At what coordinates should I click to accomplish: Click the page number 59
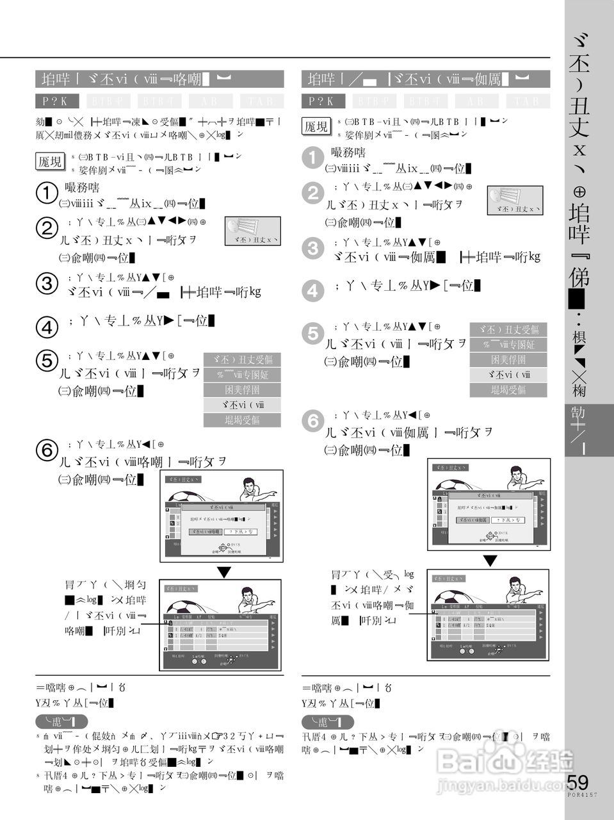578,782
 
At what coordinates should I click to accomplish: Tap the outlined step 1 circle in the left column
47,194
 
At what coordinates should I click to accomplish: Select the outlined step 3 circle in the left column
47,284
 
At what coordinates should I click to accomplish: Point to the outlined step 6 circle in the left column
47,451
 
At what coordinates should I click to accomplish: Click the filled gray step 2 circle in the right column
313,193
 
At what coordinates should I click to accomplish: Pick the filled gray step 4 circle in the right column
313,291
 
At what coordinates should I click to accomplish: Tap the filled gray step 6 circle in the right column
313,421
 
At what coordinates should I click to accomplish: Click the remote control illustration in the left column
252,231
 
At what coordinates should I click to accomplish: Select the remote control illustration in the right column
515,200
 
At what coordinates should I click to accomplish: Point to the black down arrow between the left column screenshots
223,572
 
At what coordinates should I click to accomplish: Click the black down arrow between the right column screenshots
490,561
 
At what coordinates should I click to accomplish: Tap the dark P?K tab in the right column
323,101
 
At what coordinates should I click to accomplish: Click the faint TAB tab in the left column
261,101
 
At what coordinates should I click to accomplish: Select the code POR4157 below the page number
582,795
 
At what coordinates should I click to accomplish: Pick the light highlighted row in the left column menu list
242,405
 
